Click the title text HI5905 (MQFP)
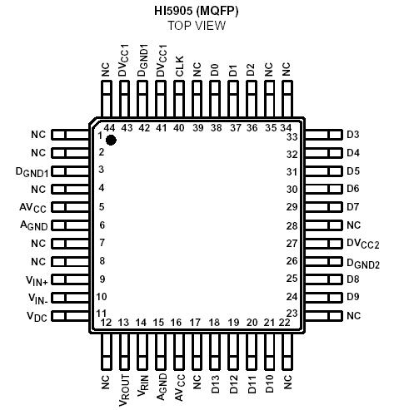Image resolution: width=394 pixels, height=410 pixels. [197, 9]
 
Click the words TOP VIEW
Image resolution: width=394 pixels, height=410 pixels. [197, 25]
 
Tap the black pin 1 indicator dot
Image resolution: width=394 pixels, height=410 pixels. [111, 140]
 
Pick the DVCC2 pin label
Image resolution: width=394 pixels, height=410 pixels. [362, 244]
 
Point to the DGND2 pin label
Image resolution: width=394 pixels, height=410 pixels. [362, 262]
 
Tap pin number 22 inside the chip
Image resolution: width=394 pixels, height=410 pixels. [285, 322]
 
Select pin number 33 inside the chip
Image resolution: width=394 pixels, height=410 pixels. [292, 136]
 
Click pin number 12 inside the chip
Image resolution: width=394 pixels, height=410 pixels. [106, 323]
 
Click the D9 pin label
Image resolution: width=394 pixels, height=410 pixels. [352, 297]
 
